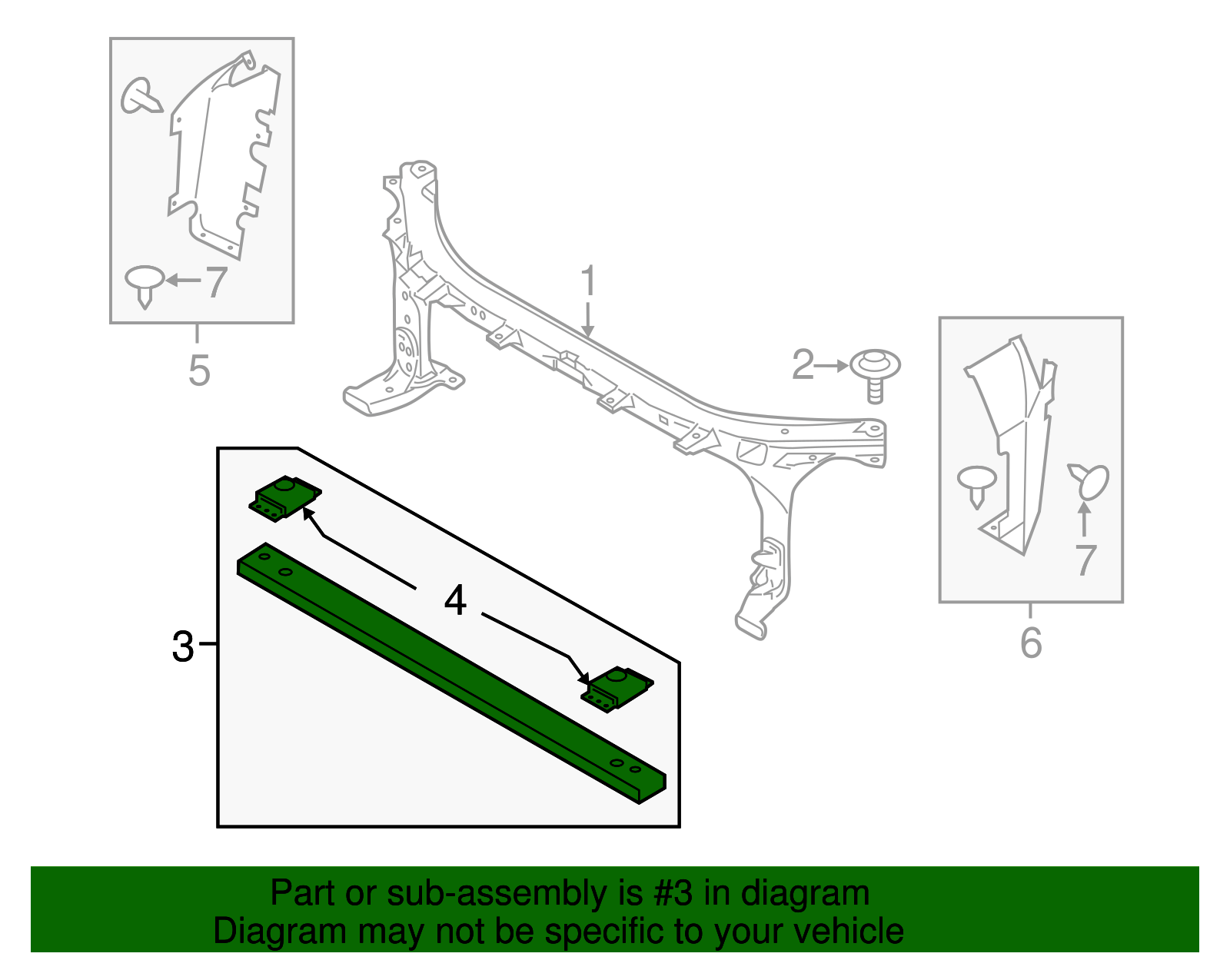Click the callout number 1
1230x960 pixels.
tap(588, 281)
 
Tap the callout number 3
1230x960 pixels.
tap(183, 646)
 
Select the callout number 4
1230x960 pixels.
tap(455, 600)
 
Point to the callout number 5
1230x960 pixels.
tap(198, 370)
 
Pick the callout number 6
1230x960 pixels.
tap(1030, 643)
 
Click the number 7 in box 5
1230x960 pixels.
tap(215, 282)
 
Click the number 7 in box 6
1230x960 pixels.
tap(1085, 560)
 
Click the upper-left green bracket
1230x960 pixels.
tap(284, 497)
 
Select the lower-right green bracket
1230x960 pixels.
tap(616, 688)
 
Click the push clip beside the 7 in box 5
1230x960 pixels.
tap(145, 284)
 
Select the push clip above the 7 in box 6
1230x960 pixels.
tap(1090, 480)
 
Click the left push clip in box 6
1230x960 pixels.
tap(976, 483)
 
